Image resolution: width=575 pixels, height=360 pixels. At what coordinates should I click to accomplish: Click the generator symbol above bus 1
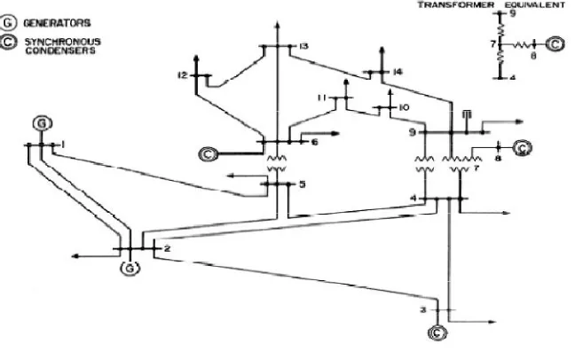tap(43, 123)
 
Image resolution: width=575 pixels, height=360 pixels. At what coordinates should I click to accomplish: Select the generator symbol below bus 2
tap(130, 269)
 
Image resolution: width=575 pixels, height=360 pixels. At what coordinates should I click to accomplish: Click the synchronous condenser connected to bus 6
tap(208, 154)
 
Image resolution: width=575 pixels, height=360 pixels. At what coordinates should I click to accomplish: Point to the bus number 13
tap(304, 46)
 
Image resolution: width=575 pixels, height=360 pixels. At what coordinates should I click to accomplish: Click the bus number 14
tap(398, 72)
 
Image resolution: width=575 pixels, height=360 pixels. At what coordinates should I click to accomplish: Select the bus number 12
tap(182, 75)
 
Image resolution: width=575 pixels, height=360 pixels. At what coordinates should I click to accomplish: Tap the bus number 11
tap(322, 98)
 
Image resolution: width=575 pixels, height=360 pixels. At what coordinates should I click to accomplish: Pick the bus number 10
tap(404, 107)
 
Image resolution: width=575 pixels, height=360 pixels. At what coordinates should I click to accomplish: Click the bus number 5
tap(303, 184)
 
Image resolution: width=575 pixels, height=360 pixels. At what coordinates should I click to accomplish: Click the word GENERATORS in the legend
tap(57, 23)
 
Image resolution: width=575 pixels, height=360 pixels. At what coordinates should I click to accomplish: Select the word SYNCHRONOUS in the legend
tap(63, 42)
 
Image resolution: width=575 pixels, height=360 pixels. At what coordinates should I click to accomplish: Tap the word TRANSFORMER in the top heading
tap(456, 4)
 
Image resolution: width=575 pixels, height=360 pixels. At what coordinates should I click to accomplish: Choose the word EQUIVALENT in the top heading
tap(535, 4)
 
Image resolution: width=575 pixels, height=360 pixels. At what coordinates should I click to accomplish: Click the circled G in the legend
tap(8, 23)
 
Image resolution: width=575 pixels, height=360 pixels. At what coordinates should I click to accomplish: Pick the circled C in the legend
tap(8, 43)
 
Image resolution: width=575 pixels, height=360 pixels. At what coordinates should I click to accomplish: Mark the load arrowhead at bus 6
tap(335, 133)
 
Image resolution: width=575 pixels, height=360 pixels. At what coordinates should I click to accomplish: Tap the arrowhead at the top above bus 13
tap(278, 26)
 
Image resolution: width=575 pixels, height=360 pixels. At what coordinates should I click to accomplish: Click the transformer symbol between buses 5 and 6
tap(277, 163)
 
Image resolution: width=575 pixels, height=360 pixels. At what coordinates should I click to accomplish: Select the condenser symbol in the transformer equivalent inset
tap(555, 44)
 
